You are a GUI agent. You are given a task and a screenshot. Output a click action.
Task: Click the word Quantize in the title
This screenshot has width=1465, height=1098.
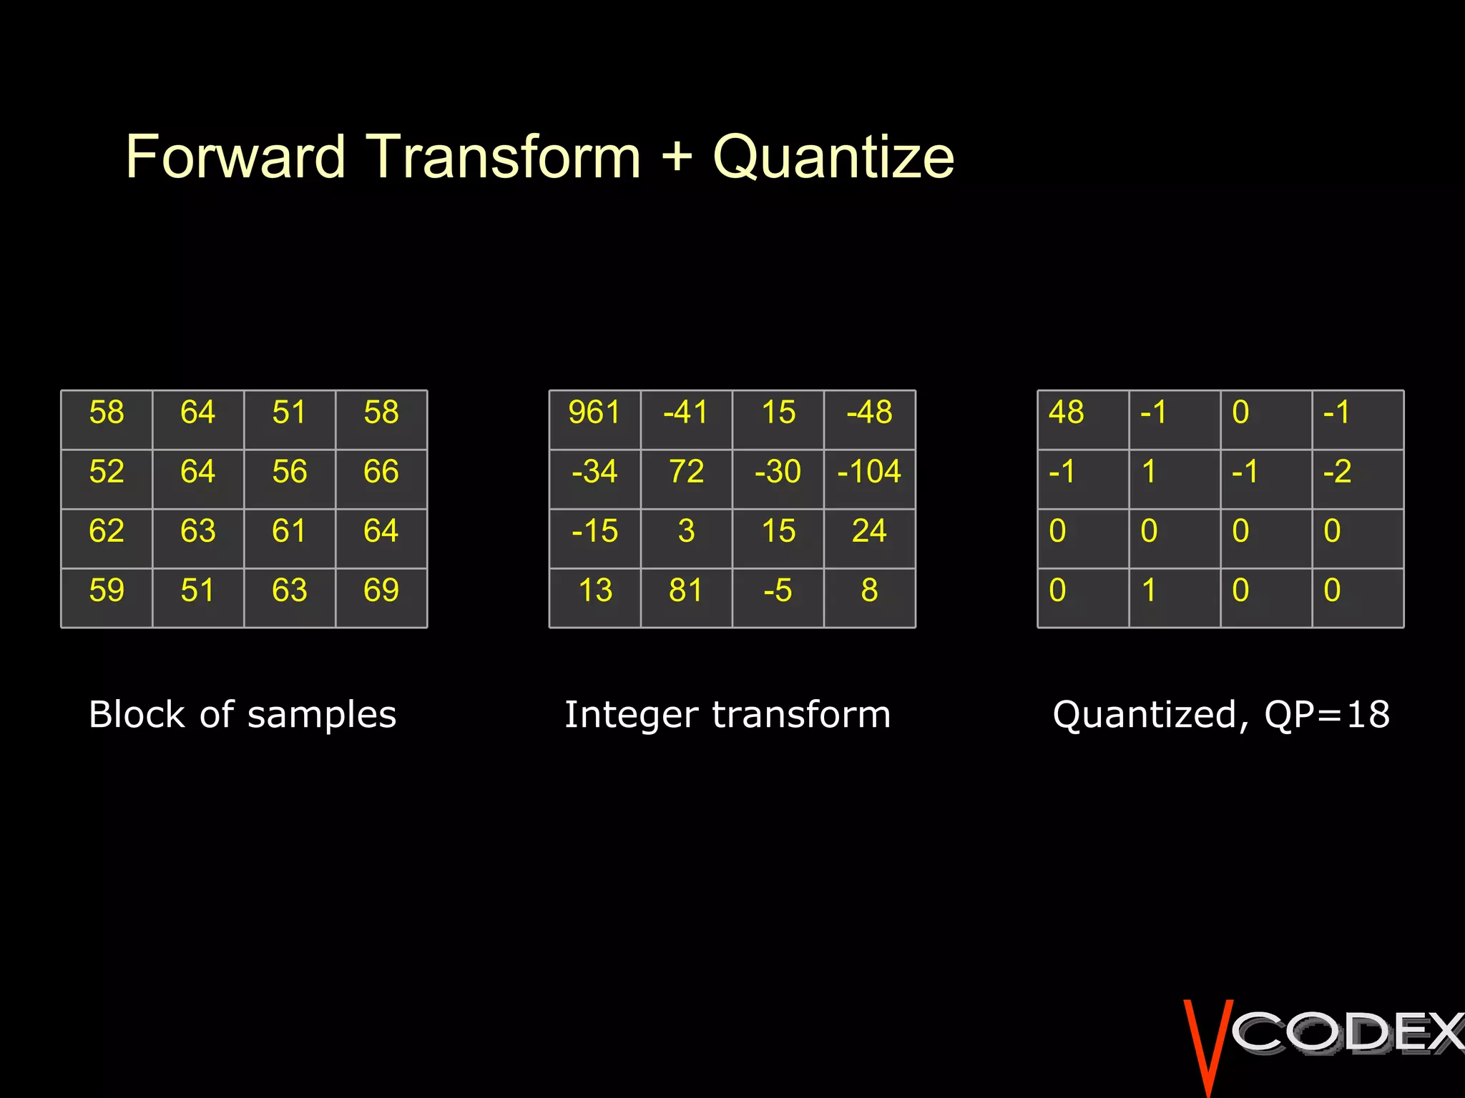pyautogui.click(x=833, y=157)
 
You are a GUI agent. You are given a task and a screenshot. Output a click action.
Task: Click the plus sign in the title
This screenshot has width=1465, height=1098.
pyautogui.click(x=677, y=157)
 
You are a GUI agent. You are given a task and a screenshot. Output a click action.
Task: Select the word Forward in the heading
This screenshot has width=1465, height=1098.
pyautogui.click(x=236, y=157)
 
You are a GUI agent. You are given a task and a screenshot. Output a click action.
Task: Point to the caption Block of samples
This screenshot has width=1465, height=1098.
pyautogui.click(x=242, y=715)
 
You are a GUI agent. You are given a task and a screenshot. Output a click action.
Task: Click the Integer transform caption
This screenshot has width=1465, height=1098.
pyautogui.click(x=727, y=715)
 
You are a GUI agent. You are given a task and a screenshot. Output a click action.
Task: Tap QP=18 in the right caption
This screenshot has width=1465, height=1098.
pyautogui.click(x=1327, y=715)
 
